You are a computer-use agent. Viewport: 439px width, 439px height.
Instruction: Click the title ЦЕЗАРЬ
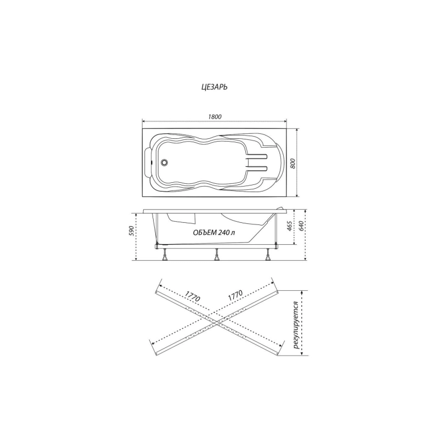(x=214, y=87)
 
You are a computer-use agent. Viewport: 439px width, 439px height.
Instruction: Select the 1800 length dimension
(x=215, y=116)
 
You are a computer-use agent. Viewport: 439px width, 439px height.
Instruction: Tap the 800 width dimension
(x=293, y=163)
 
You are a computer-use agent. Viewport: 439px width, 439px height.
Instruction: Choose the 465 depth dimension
(x=290, y=226)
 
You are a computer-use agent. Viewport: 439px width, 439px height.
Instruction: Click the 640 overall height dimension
(x=301, y=226)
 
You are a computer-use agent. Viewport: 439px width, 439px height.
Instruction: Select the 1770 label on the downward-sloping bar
(x=193, y=296)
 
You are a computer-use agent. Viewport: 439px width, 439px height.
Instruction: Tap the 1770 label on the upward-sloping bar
(x=235, y=295)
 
